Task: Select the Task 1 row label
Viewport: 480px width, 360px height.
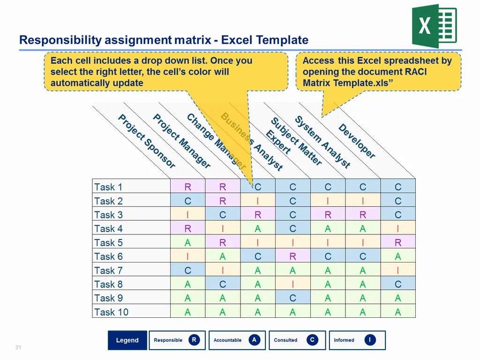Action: point(108,187)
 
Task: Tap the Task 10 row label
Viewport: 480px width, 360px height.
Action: point(111,312)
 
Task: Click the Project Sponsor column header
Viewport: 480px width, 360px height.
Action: point(147,142)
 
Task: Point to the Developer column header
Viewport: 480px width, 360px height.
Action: point(357,141)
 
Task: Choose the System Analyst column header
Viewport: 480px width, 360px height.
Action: point(322,142)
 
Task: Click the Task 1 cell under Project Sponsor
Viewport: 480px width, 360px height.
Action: point(187,187)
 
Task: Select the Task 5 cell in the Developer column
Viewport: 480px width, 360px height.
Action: point(398,243)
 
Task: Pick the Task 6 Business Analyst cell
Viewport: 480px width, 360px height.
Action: point(292,256)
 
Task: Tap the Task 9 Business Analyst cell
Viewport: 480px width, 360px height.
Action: point(292,298)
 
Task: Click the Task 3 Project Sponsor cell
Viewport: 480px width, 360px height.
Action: point(187,215)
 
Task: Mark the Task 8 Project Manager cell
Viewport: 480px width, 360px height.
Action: point(223,285)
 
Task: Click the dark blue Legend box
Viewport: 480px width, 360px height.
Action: point(127,340)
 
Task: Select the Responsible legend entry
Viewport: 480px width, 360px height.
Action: point(177,340)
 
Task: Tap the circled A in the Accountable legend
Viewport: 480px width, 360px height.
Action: point(254,340)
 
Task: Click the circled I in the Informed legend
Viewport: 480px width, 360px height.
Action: point(370,340)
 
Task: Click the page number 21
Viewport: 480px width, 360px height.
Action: point(19,347)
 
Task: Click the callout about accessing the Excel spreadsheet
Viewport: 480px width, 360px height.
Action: point(378,72)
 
